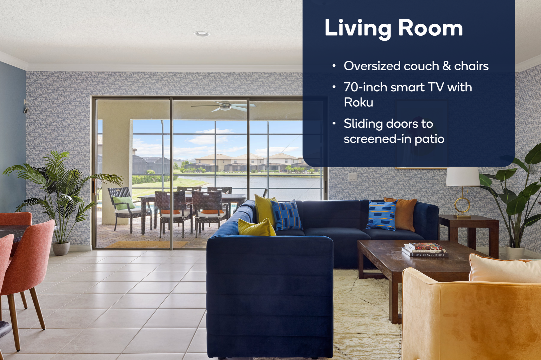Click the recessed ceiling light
pyautogui.click(x=201, y=34)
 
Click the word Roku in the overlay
pyautogui.click(x=359, y=102)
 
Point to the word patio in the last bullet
pyautogui.click(x=429, y=139)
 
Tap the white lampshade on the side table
pyautogui.click(x=463, y=177)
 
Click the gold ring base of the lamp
pyautogui.click(x=462, y=205)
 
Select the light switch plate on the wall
pyautogui.click(x=352, y=177)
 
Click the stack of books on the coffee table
pyautogui.click(x=425, y=250)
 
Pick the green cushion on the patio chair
pyautogui.click(x=124, y=203)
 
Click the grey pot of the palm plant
pyautogui.click(x=61, y=248)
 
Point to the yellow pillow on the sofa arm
pyautogui.click(x=256, y=227)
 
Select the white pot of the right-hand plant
pyautogui.click(x=515, y=252)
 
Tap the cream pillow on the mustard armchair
pyautogui.click(x=505, y=268)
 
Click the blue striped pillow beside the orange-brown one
pyautogui.click(x=381, y=215)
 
